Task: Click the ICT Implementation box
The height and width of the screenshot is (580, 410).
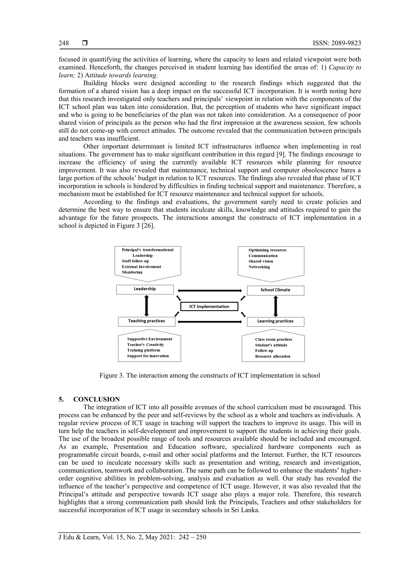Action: [209, 307]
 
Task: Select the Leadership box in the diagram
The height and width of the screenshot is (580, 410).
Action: [145, 289]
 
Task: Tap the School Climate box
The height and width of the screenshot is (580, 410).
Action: [275, 290]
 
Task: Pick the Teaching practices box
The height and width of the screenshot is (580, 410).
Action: [147, 321]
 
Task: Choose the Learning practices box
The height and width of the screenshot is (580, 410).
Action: [275, 322]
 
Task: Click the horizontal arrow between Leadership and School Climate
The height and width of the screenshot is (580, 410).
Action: [210, 291]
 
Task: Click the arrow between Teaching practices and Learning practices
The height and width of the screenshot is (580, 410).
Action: [210, 322]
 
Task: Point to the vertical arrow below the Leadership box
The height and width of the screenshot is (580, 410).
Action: [147, 306]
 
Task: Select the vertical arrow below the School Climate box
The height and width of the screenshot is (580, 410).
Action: [276, 306]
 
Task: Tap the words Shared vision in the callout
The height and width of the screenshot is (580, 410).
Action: [261, 261]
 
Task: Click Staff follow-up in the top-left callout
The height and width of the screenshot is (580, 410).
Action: [135, 261]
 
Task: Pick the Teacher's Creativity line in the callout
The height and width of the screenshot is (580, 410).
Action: [146, 345]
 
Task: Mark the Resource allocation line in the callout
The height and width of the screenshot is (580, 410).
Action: [273, 356]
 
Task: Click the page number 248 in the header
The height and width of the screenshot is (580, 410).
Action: [64, 43]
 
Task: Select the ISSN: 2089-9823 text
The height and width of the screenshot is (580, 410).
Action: [337, 43]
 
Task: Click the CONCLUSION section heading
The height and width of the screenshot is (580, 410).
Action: [96, 399]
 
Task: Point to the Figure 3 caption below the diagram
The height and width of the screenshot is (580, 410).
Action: [210, 375]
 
